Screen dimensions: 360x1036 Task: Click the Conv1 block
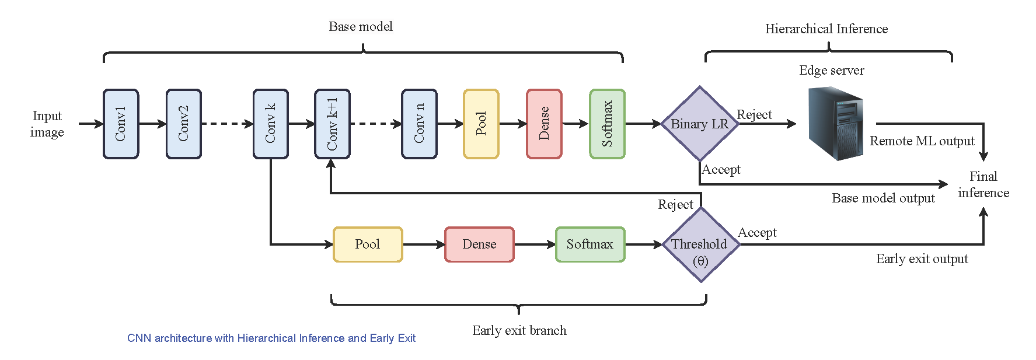click(121, 124)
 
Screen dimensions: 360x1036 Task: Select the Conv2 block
click(184, 124)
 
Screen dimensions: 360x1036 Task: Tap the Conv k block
click(271, 124)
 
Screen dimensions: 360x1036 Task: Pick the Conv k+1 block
click(332, 124)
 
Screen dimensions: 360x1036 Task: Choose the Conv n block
click(419, 124)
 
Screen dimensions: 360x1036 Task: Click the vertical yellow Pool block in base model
click(481, 124)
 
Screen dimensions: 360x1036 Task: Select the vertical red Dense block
click(544, 124)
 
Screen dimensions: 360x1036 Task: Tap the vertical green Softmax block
click(607, 124)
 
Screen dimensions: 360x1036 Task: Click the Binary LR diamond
click(699, 124)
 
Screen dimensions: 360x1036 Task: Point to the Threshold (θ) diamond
click(700, 245)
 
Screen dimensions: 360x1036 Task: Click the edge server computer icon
click(835, 124)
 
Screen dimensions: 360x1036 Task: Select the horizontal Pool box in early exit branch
click(368, 244)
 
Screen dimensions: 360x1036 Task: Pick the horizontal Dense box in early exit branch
click(479, 244)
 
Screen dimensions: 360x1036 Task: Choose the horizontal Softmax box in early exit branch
click(590, 244)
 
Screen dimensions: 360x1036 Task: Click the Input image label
click(47, 124)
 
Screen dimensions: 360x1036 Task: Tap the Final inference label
click(983, 184)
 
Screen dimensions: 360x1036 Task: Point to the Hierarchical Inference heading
click(826, 29)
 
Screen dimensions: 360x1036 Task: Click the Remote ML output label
click(922, 141)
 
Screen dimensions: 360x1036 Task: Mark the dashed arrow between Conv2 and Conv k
click(227, 124)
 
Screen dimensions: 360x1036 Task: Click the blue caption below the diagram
click(271, 338)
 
